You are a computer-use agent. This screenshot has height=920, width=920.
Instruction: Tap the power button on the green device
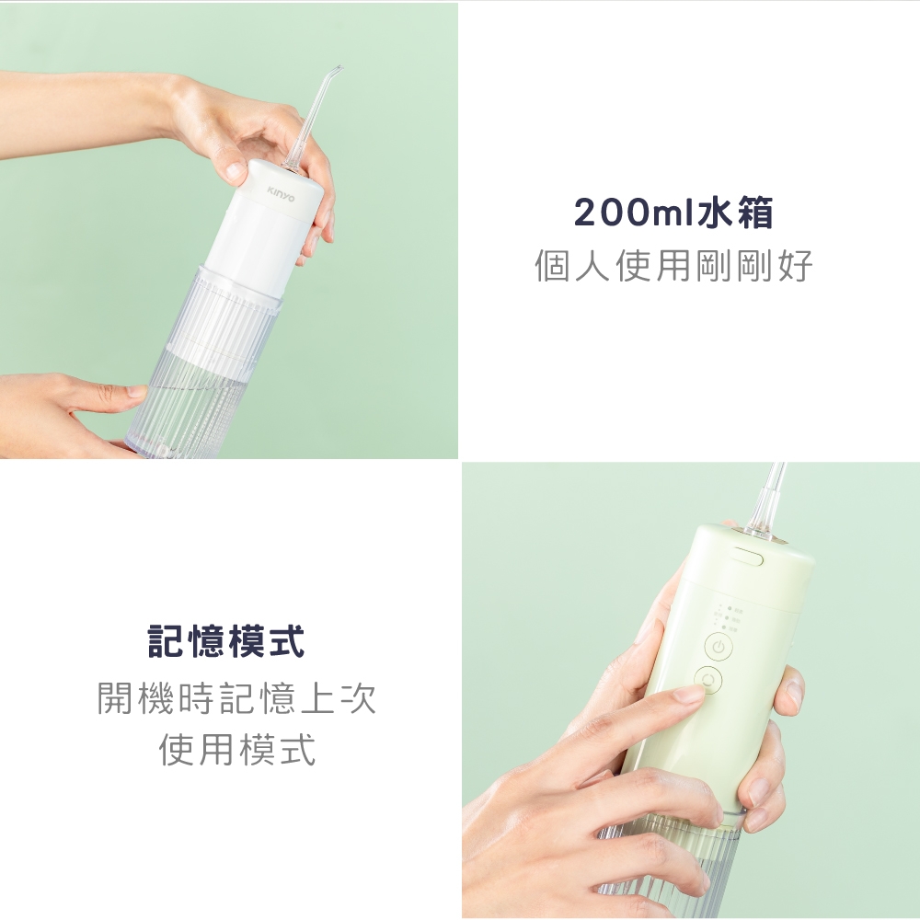point(720,648)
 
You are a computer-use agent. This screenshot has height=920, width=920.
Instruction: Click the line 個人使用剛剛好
point(673,267)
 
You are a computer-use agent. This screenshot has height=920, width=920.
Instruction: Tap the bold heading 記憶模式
point(227,641)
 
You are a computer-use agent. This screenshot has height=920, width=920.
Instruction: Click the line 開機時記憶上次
point(236,700)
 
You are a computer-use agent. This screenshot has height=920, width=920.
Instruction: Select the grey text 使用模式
point(236,750)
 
